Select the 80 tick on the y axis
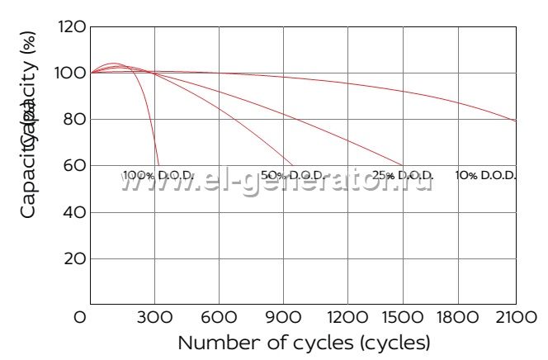(74, 119)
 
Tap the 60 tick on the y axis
(74, 165)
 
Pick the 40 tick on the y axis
(74, 212)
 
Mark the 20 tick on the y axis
(74, 258)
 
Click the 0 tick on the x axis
(80, 316)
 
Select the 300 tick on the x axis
(154, 316)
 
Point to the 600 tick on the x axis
(219, 316)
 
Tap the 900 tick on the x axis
(283, 316)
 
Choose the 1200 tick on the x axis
(347, 316)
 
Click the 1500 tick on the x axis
(412, 316)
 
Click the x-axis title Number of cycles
(304, 342)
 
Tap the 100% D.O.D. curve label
(158, 176)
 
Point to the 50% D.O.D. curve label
(292, 176)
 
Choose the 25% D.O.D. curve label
(403, 176)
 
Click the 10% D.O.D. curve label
(485, 176)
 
